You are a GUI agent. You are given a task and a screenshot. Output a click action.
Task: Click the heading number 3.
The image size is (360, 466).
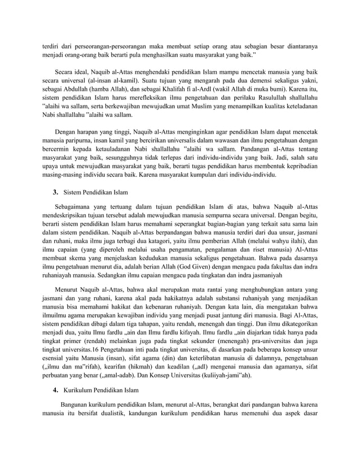click(x=55, y=192)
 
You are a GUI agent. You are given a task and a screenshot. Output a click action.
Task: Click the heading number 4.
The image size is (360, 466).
click(x=55, y=390)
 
